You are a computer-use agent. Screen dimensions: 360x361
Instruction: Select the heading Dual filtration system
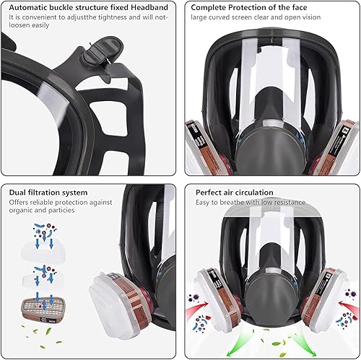pos(49,193)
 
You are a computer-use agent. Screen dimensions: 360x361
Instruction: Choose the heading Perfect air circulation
pos(232,193)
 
